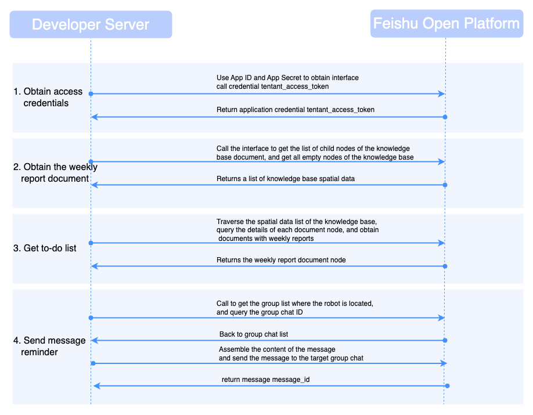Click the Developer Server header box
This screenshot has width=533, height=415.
point(91,24)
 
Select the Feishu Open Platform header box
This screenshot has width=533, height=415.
point(446,23)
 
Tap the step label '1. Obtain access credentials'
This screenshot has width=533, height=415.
point(48,97)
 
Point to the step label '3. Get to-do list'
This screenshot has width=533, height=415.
point(45,248)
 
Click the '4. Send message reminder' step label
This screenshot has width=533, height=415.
point(49,346)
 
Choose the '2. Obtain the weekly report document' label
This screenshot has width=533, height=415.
point(55,172)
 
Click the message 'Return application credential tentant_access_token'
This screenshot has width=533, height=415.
point(296,110)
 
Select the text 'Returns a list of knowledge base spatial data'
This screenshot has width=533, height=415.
point(286,179)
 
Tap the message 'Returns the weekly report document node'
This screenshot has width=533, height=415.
point(281,260)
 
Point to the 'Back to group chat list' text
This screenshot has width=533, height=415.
point(254,334)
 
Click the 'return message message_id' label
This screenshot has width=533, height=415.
point(265,380)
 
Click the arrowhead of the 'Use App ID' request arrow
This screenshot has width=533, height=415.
point(442,94)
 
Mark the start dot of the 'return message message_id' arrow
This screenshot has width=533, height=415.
point(447,386)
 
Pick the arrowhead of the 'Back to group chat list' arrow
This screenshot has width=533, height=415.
point(95,340)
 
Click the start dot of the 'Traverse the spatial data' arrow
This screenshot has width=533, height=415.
point(91,243)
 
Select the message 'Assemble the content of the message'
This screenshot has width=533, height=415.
point(277,349)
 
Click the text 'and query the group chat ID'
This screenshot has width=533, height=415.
point(260,312)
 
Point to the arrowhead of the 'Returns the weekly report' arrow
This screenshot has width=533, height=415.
point(95,266)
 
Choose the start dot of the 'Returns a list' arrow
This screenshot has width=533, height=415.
point(445,185)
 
